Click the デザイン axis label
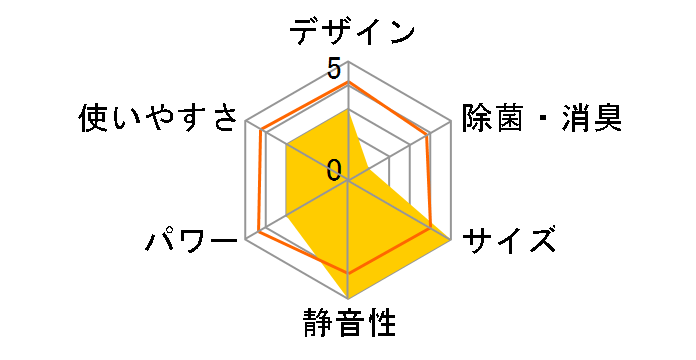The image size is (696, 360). click(x=352, y=33)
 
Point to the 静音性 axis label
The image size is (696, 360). click(x=349, y=325)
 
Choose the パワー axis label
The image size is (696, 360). click(x=191, y=241)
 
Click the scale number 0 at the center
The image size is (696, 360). click(x=333, y=168)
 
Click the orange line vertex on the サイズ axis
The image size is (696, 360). click(x=433, y=229)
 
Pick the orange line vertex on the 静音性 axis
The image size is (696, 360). click(x=348, y=272)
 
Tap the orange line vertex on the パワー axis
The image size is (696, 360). click(x=259, y=232)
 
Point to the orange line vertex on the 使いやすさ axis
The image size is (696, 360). click(x=261, y=130)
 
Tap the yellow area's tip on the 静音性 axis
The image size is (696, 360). click(x=348, y=298)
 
